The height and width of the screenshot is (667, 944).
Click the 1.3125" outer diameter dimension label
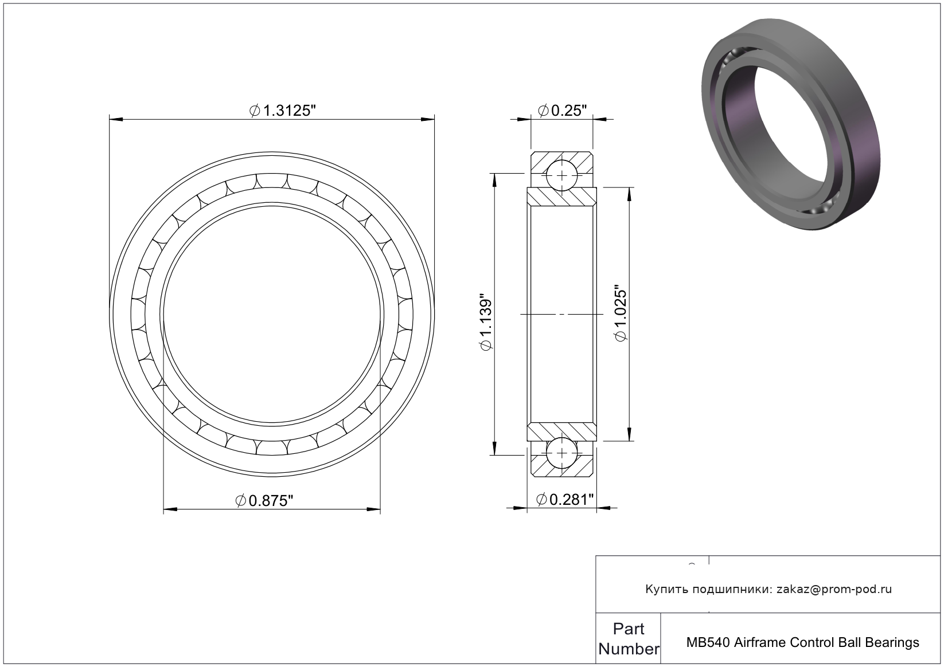(282, 111)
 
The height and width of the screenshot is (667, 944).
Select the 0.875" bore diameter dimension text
(264, 501)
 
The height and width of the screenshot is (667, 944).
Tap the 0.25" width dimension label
(563, 111)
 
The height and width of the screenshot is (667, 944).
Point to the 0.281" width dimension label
(565, 500)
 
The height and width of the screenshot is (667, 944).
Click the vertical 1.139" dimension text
(486, 321)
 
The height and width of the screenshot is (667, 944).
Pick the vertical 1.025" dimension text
(621, 314)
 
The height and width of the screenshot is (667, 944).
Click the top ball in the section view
(562, 175)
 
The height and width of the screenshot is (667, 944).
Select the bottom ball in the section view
(562, 453)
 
